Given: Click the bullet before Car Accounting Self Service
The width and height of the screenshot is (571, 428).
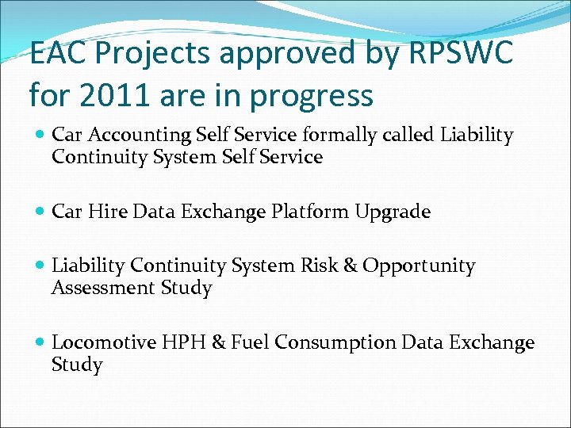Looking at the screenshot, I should tap(40, 136).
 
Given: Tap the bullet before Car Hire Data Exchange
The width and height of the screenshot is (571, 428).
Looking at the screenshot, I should tap(40, 212).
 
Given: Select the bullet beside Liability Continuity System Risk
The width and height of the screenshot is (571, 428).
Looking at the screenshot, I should tap(40, 266).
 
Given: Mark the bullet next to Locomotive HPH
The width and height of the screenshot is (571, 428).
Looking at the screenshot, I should tap(40, 343).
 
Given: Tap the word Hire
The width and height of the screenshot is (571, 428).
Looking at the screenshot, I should tap(105, 212).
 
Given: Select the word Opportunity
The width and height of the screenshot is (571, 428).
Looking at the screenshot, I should tap(419, 266).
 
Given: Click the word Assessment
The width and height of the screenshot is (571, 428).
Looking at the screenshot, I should tap(101, 288).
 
